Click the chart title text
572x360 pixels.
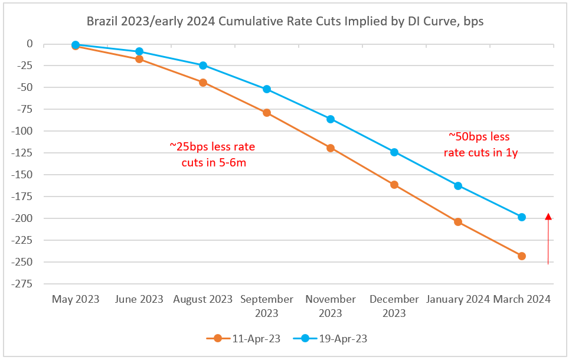[286, 22]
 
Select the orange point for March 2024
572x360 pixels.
[521, 256]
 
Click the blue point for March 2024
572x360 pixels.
[521, 217]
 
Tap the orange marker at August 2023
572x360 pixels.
[203, 83]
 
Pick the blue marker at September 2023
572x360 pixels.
[267, 89]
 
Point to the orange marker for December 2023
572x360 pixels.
[394, 185]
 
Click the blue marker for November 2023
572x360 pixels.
[331, 119]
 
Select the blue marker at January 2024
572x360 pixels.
[458, 186]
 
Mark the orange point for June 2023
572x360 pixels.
[139, 59]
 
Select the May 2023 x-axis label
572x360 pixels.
[75, 299]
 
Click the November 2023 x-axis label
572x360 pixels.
[331, 305]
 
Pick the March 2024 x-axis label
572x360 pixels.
[522, 299]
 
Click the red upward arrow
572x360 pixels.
[548, 239]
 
